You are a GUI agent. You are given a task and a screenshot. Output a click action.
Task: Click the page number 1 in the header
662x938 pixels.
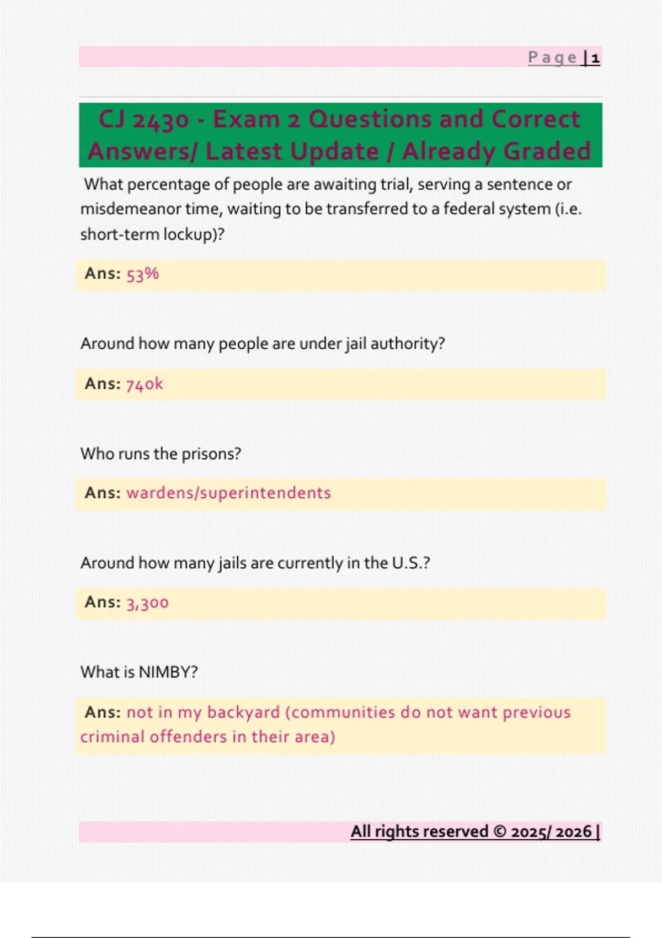[595, 58]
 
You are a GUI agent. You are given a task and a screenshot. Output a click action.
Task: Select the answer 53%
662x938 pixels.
[142, 274]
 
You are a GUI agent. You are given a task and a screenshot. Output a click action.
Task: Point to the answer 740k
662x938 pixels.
[145, 384]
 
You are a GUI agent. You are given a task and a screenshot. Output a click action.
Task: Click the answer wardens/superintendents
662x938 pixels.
[228, 493]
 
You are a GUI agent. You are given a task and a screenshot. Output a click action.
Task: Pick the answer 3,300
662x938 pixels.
[147, 603]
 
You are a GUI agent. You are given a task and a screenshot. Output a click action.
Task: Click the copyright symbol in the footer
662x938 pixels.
[499, 832]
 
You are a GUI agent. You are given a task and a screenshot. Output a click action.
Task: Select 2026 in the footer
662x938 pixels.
[573, 832]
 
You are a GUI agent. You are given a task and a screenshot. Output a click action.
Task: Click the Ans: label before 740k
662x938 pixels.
[103, 384]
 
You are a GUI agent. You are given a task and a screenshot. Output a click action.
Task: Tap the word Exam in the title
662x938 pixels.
[246, 120]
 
